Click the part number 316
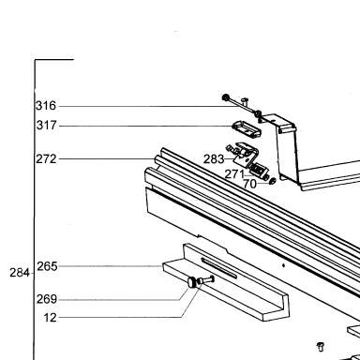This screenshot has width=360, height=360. (x=46, y=106)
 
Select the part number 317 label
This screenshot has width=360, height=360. (x=47, y=126)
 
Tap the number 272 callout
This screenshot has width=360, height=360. (x=46, y=159)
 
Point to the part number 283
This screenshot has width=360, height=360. (x=214, y=159)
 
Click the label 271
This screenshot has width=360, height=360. (x=234, y=174)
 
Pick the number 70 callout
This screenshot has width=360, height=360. (x=249, y=184)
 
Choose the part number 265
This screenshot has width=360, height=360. (x=47, y=266)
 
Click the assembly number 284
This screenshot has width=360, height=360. (x=20, y=273)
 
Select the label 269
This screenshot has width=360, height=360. (x=47, y=299)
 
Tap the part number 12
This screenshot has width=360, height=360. (x=50, y=318)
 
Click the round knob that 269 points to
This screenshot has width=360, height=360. (x=191, y=282)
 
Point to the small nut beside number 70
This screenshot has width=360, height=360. (x=272, y=181)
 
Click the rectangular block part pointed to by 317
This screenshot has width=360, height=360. (x=247, y=129)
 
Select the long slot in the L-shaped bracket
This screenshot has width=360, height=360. (x=219, y=268)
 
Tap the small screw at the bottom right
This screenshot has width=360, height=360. (x=321, y=347)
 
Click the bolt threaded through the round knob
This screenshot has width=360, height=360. (x=206, y=279)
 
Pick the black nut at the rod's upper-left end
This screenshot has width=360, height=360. (x=225, y=97)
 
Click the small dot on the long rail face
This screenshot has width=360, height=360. (x=283, y=265)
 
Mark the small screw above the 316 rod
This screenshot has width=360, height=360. (x=246, y=100)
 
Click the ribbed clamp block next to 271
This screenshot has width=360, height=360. (x=258, y=171)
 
